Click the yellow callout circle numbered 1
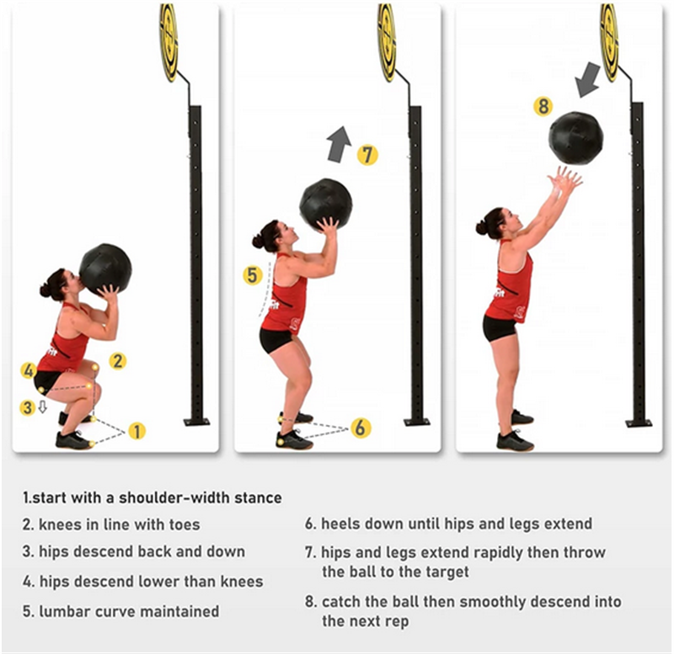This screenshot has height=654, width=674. point(137,431)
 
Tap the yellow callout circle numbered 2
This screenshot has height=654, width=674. point(117,361)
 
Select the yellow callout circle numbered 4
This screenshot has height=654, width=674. point(28,370)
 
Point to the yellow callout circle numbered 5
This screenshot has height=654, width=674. point(252,275)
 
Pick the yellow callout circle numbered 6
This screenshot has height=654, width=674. point(361,428)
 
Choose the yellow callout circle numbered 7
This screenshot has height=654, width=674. point(367,155)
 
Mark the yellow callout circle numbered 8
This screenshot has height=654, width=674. point(543,106)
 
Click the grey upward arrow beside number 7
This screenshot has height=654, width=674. point(340,144)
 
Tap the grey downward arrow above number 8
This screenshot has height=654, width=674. point(587,79)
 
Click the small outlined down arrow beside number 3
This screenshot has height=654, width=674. point(42,407)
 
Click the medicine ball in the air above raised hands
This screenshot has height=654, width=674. point(575,137)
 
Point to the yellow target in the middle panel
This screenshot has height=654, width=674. point(387,42)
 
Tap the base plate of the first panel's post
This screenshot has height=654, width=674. point(197,422)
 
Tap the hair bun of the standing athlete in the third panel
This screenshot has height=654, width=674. point(481,228)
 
